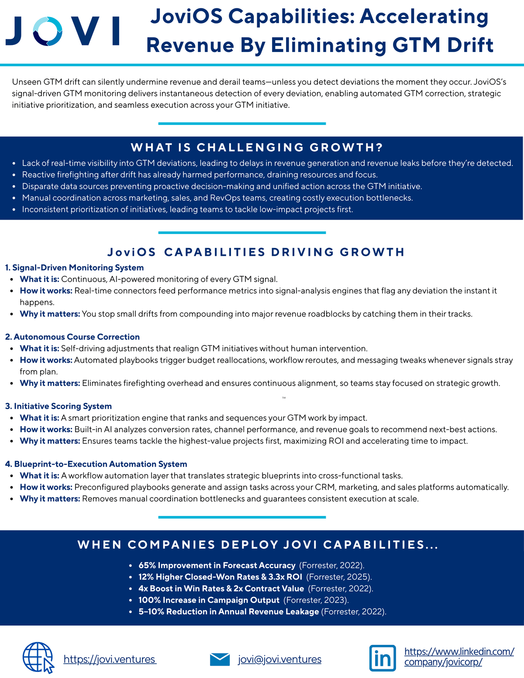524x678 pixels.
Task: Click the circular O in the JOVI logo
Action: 48,31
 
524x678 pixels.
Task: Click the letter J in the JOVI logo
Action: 15,31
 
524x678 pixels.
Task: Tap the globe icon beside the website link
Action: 38,657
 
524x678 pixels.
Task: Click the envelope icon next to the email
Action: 220,659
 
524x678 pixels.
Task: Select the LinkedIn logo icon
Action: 383,658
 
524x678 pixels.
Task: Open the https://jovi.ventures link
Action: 110,659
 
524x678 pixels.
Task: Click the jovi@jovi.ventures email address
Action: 279,659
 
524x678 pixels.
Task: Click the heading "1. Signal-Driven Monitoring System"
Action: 74,268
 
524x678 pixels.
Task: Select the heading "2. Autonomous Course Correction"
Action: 72,337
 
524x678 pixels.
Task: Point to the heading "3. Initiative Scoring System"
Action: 59,406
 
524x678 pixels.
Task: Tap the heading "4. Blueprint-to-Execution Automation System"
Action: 96,464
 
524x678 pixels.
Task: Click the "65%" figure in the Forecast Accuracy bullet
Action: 147,565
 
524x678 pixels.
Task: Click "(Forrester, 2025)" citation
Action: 339,577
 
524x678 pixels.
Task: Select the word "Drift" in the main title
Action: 470,45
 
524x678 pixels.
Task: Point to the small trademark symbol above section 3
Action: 284,398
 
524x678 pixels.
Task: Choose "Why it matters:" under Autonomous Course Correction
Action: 50,383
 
